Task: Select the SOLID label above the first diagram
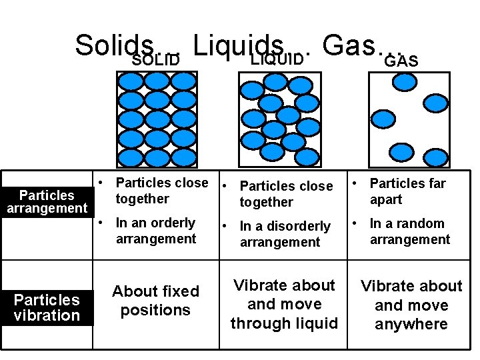pyautogui.click(x=156, y=61)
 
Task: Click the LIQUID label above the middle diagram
pyautogui.click(x=277, y=59)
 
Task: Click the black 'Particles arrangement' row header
pyautogui.click(x=47, y=201)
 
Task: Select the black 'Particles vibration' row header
pyautogui.click(x=47, y=307)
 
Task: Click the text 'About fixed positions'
pyautogui.click(x=155, y=301)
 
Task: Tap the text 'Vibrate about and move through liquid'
pyautogui.click(x=284, y=304)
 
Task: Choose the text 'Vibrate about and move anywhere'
pyautogui.click(x=411, y=305)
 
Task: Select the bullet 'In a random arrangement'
pyautogui.click(x=409, y=231)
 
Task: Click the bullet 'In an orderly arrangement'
pyautogui.click(x=155, y=231)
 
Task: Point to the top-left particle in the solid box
pyautogui.click(x=131, y=81)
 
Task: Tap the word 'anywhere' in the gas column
pyautogui.click(x=411, y=324)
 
